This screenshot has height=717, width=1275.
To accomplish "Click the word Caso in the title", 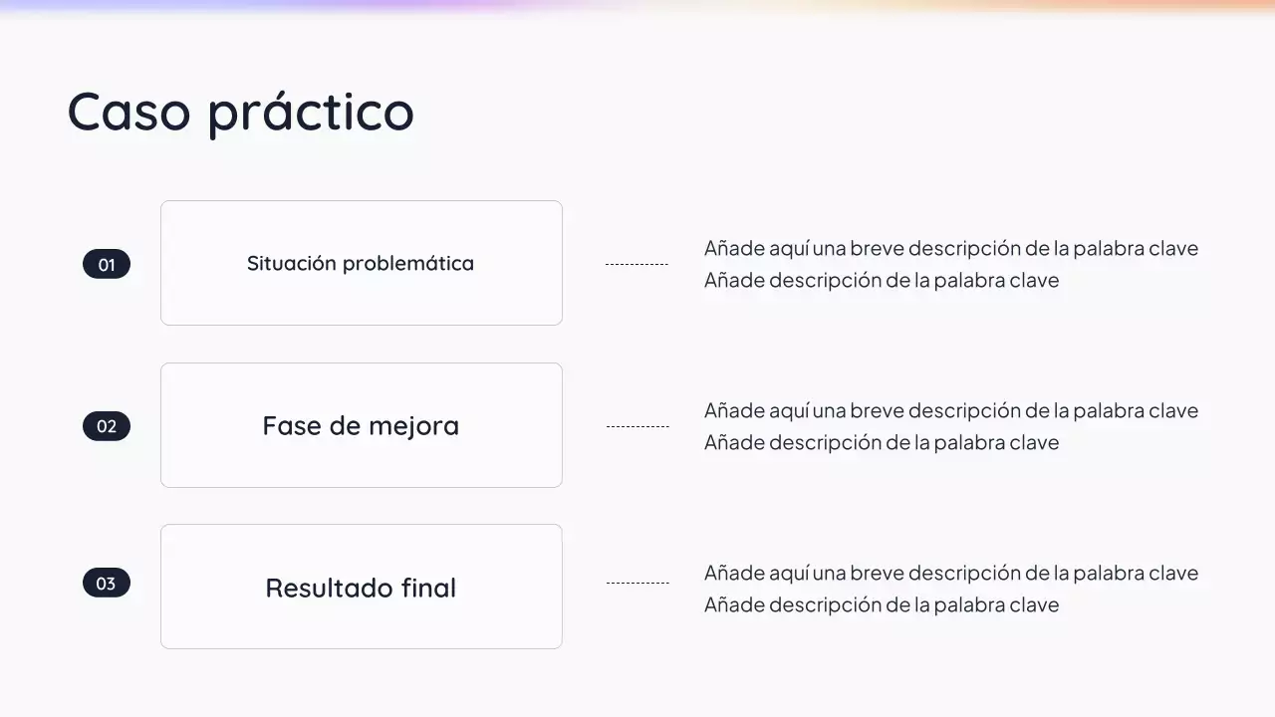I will [x=128, y=111].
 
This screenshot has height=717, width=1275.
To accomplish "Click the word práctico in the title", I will [x=311, y=113].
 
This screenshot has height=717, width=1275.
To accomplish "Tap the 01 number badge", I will [x=107, y=264].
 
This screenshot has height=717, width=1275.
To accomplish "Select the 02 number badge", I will [x=107, y=426].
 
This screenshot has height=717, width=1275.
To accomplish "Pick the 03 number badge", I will [x=107, y=583].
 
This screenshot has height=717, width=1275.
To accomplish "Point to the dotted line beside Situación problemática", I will [x=637, y=264].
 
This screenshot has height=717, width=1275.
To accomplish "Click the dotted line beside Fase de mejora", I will [x=637, y=426].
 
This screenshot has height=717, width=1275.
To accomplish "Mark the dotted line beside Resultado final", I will [x=637, y=583].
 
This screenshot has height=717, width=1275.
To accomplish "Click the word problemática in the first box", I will [x=408, y=264].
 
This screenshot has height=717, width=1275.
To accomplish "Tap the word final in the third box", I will [x=428, y=588].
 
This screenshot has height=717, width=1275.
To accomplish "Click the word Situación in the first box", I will [x=291, y=264].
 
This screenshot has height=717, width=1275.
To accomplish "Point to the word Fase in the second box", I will [x=285, y=426].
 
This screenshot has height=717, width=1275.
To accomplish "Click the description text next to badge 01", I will [x=950, y=264].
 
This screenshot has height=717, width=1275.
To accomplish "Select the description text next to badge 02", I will [x=950, y=426].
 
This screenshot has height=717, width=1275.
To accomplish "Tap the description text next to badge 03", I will [x=950, y=589].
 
